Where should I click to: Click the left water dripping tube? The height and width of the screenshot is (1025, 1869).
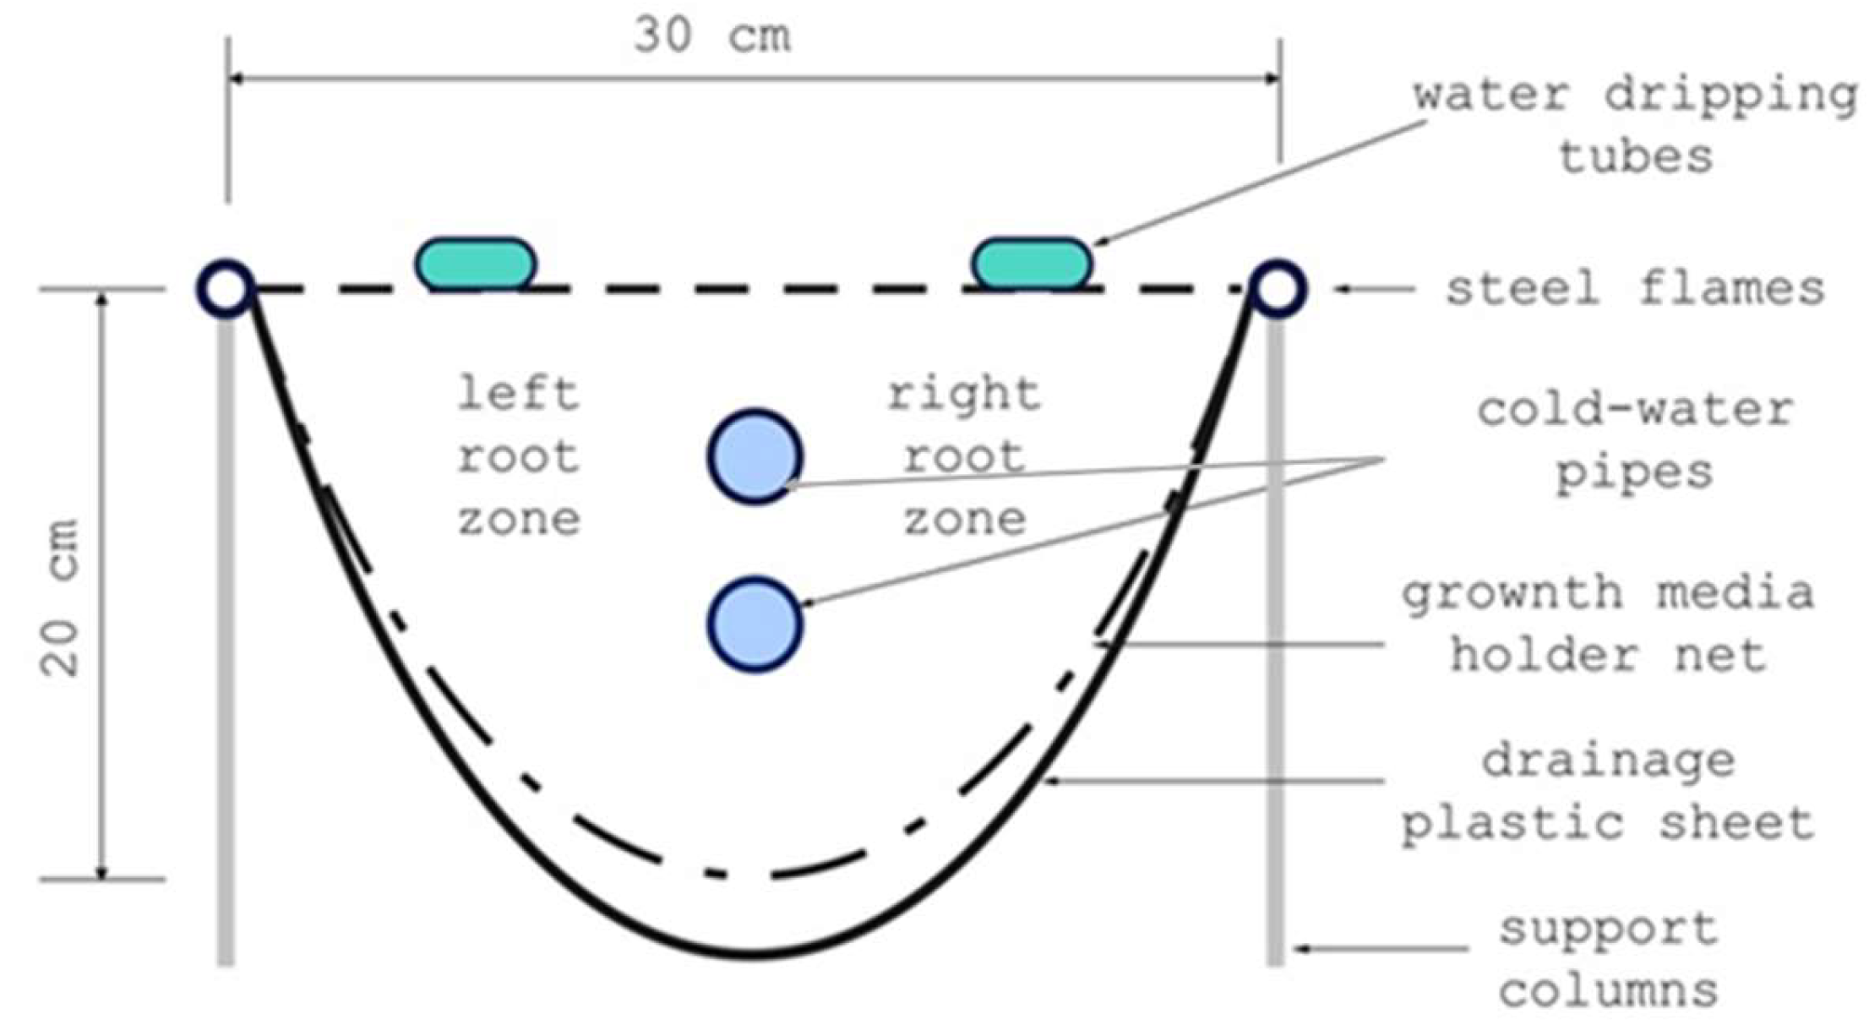click(x=476, y=264)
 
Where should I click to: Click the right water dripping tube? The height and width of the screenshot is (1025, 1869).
click(x=1033, y=264)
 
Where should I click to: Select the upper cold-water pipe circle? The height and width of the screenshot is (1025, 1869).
click(x=755, y=457)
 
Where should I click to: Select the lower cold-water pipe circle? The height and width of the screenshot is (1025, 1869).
click(x=755, y=624)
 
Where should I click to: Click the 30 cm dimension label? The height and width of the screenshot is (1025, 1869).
click(x=712, y=35)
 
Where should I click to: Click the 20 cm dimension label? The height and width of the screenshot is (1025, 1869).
click(x=61, y=597)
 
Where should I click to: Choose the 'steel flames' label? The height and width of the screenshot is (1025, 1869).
click(x=1636, y=289)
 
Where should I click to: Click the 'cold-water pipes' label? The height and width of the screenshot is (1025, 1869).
click(x=1636, y=441)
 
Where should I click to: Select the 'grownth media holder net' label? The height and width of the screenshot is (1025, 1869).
click(x=1608, y=624)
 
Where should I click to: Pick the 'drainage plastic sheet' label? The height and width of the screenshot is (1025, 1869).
click(x=1608, y=793)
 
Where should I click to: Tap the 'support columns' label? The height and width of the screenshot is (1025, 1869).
click(x=1609, y=960)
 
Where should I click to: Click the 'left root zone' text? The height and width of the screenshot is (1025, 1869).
click(x=519, y=457)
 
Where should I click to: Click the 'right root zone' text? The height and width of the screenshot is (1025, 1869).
click(x=964, y=457)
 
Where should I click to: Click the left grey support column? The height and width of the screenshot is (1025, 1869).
click(x=226, y=641)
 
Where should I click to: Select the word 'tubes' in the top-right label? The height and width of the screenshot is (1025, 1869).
click(x=1636, y=157)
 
